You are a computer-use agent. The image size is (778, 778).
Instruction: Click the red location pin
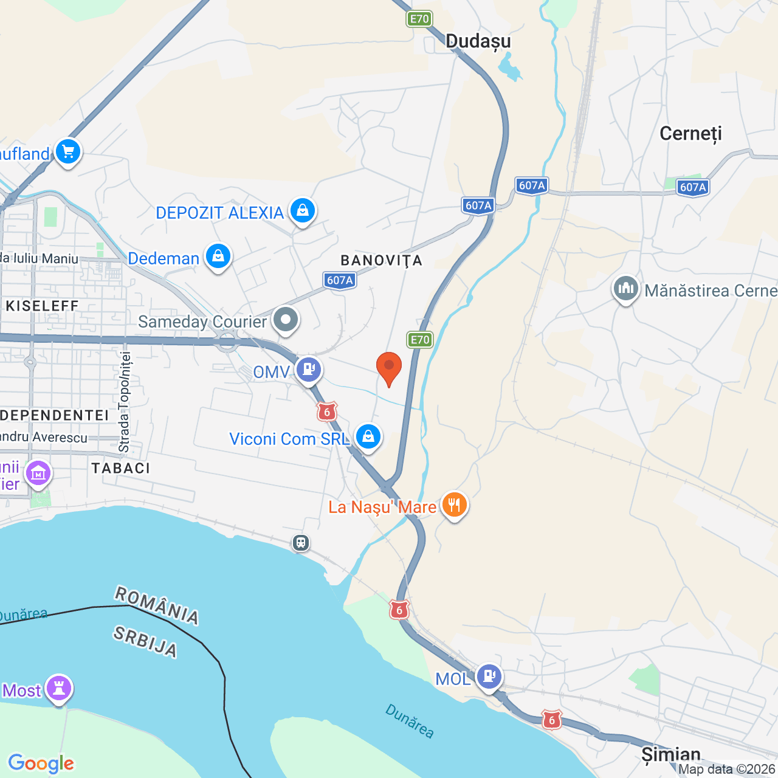(x=389, y=367)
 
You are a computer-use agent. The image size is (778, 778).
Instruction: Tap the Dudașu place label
(x=478, y=41)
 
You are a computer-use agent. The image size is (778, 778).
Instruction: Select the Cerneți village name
(x=690, y=134)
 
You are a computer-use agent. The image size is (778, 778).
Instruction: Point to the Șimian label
(x=671, y=755)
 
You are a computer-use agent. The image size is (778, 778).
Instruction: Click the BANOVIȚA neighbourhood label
(x=381, y=261)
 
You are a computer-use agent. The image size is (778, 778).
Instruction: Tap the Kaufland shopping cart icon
(x=67, y=152)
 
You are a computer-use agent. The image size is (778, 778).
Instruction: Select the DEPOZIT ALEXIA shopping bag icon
(x=302, y=211)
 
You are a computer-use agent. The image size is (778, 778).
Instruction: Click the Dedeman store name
(x=164, y=259)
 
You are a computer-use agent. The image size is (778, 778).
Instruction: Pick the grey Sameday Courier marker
(x=285, y=319)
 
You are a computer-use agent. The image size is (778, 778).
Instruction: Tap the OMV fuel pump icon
(x=309, y=369)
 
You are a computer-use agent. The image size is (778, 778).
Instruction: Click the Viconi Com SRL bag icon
(x=368, y=436)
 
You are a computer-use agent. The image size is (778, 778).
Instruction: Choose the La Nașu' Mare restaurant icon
(x=454, y=504)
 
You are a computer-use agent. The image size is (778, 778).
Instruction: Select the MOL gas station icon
(x=489, y=676)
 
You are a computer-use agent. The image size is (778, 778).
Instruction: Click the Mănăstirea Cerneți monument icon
(x=625, y=289)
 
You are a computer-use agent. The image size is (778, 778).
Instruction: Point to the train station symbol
(x=301, y=542)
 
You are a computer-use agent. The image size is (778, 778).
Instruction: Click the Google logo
(x=41, y=763)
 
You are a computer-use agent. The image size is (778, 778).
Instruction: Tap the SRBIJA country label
(x=145, y=642)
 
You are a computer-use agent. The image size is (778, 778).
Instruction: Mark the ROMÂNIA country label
(x=157, y=605)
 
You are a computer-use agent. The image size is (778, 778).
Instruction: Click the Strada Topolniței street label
(x=125, y=402)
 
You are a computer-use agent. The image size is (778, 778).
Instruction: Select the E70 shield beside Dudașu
(x=419, y=19)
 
